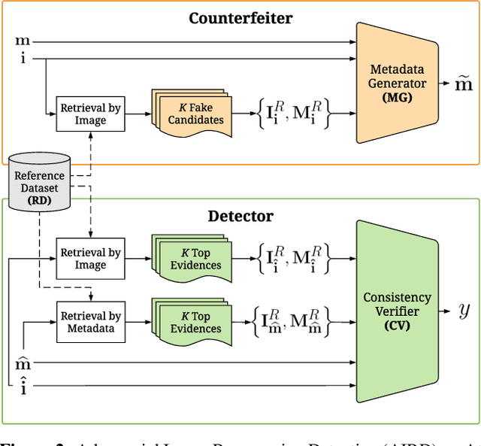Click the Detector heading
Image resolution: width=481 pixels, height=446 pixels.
(x=240, y=217)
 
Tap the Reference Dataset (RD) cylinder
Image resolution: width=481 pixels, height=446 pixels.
(x=39, y=182)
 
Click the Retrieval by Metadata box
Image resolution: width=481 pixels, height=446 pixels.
(x=90, y=322)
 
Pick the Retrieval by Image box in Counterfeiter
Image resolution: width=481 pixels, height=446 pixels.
(x=90, y=114)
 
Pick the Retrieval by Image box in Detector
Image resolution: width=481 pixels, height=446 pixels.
(x=90, y=258)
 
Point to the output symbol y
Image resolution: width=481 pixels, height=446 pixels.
(x=464, y=309)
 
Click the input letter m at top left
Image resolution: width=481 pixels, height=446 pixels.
(x=23, y=41)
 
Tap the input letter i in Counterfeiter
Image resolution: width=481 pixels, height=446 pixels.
(x=23, y=57)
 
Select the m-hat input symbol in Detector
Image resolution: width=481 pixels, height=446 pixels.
(x=23, y=364)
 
